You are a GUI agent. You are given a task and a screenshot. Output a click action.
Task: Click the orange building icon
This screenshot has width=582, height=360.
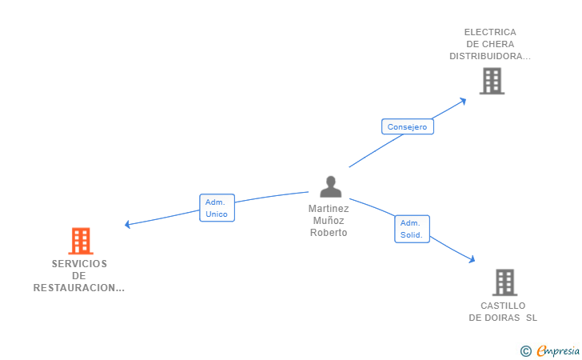[x=80, y=241]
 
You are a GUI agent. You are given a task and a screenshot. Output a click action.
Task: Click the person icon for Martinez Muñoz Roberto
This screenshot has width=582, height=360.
[x=330, y=186]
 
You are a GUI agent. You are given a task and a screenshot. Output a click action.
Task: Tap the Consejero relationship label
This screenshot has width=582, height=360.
[x=407, y=126]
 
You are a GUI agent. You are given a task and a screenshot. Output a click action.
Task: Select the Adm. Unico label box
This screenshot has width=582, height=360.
[x=217, y=208]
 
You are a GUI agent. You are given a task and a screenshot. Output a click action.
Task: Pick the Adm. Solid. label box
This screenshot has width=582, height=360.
[x=412, y=229]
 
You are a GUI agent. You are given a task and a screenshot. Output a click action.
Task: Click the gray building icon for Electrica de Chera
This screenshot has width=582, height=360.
[x=492, y=81]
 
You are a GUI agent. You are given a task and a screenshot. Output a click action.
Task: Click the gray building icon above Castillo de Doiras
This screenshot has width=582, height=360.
[x=504, y=282]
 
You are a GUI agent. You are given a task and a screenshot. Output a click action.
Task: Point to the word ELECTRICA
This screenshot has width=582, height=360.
[x=490, y=33]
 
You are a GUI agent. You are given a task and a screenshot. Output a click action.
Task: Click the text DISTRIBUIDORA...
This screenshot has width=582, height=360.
[x=489, y=56]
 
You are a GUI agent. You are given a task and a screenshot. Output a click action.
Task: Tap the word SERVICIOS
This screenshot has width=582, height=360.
[x=79, y=264]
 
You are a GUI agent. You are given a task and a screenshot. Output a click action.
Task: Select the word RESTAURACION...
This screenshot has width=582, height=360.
[x=78, y=288]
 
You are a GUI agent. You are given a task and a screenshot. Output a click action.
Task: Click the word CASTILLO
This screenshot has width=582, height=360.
[x=503, y=306]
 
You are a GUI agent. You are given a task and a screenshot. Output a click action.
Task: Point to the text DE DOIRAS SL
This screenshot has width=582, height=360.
[x=503, y=318]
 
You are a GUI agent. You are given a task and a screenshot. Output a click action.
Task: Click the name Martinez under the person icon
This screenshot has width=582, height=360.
[x=329, y=209]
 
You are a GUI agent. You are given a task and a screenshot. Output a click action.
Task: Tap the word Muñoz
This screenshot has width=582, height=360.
[x=329, y=221]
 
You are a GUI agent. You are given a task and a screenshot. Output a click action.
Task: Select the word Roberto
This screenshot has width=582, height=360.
[x=329, y=233]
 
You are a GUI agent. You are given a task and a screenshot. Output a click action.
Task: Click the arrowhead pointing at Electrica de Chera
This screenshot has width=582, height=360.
[x=463, y=101]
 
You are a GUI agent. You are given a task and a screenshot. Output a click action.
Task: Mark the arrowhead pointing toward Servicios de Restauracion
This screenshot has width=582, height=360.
[x=128, y=225]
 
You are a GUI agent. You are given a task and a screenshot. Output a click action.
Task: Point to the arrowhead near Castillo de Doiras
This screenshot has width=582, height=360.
[x=472, y=259]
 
